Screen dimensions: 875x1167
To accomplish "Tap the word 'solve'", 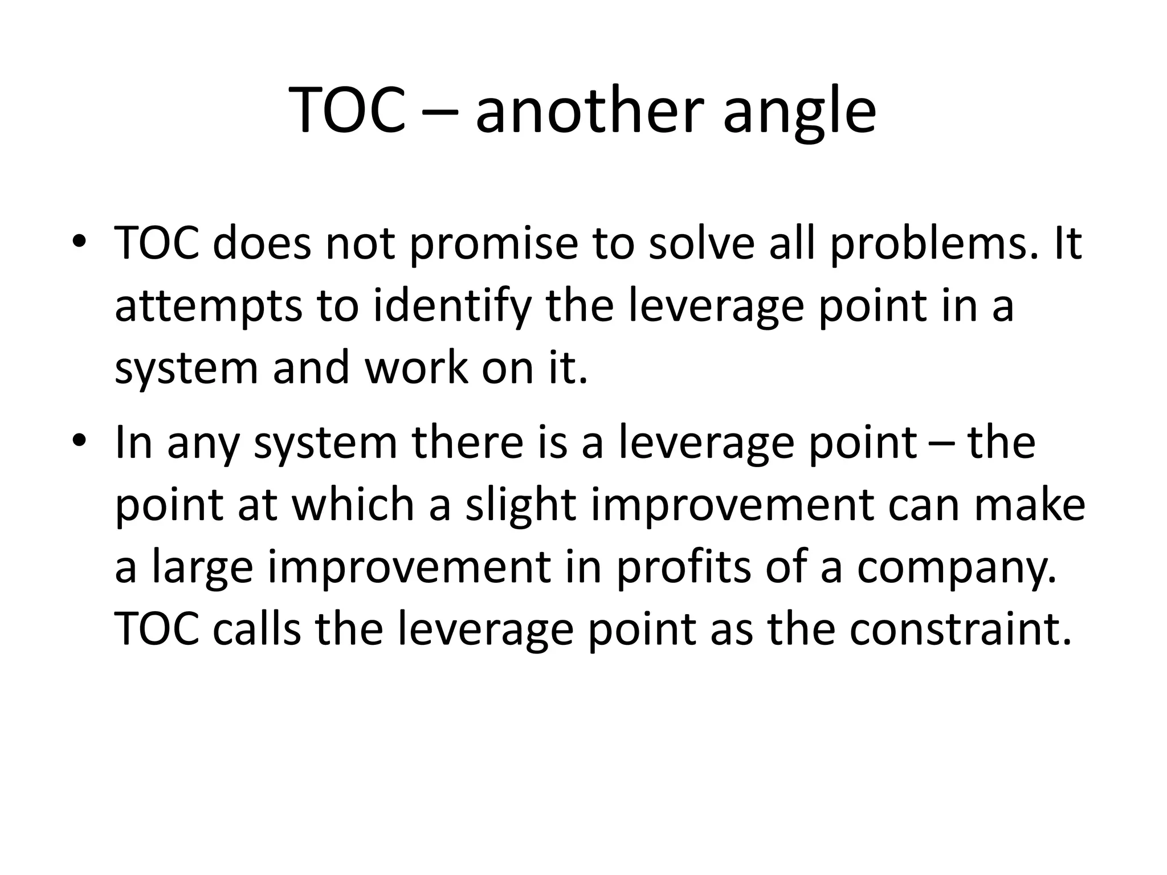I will (703, 243).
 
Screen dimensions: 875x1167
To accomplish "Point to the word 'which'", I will (353, 505).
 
